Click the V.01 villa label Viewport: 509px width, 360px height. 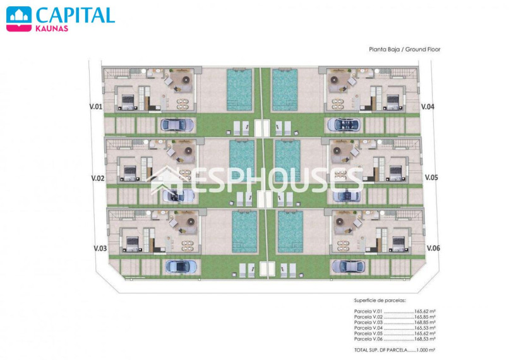pyautogui.click(x=96, y=107)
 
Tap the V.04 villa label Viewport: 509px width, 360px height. pyautogui.click(x=428, y=107)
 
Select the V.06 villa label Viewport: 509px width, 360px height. pyautogui.click(x=433, y=248)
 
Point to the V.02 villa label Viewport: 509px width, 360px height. pyautogui.click(x=98, y=178)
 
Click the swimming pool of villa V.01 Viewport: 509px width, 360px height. pyautogui.click(x=239, y=89)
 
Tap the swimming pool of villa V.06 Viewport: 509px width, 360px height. pyautogui.click(x=290, y=231)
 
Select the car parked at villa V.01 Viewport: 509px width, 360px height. pyautogui.click(x=177, y=124)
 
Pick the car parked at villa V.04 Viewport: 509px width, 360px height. pyautogui.click(x=344, y=124)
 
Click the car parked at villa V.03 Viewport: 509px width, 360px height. pyautogui.click(x=181, y=267)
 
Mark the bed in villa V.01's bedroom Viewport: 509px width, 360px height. pyautogui.click(x=128, y=102)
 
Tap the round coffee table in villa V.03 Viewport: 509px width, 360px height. pyautogui.click(x=191, y=222)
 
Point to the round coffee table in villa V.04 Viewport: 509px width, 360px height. pyautogui.click(x=333, y=79)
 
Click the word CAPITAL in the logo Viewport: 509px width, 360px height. pyautogui.click(x=75, y=15)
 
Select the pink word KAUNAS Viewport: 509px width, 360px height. pyautogui.click(x=52, y=28)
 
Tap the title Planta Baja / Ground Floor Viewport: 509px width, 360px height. pyautogui.click(x=404, y=49)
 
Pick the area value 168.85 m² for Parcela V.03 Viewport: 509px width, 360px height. pyautogui.click(x=424, y=322)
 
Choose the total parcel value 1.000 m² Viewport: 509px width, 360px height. pyautogui.click(x=426, y=350)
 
